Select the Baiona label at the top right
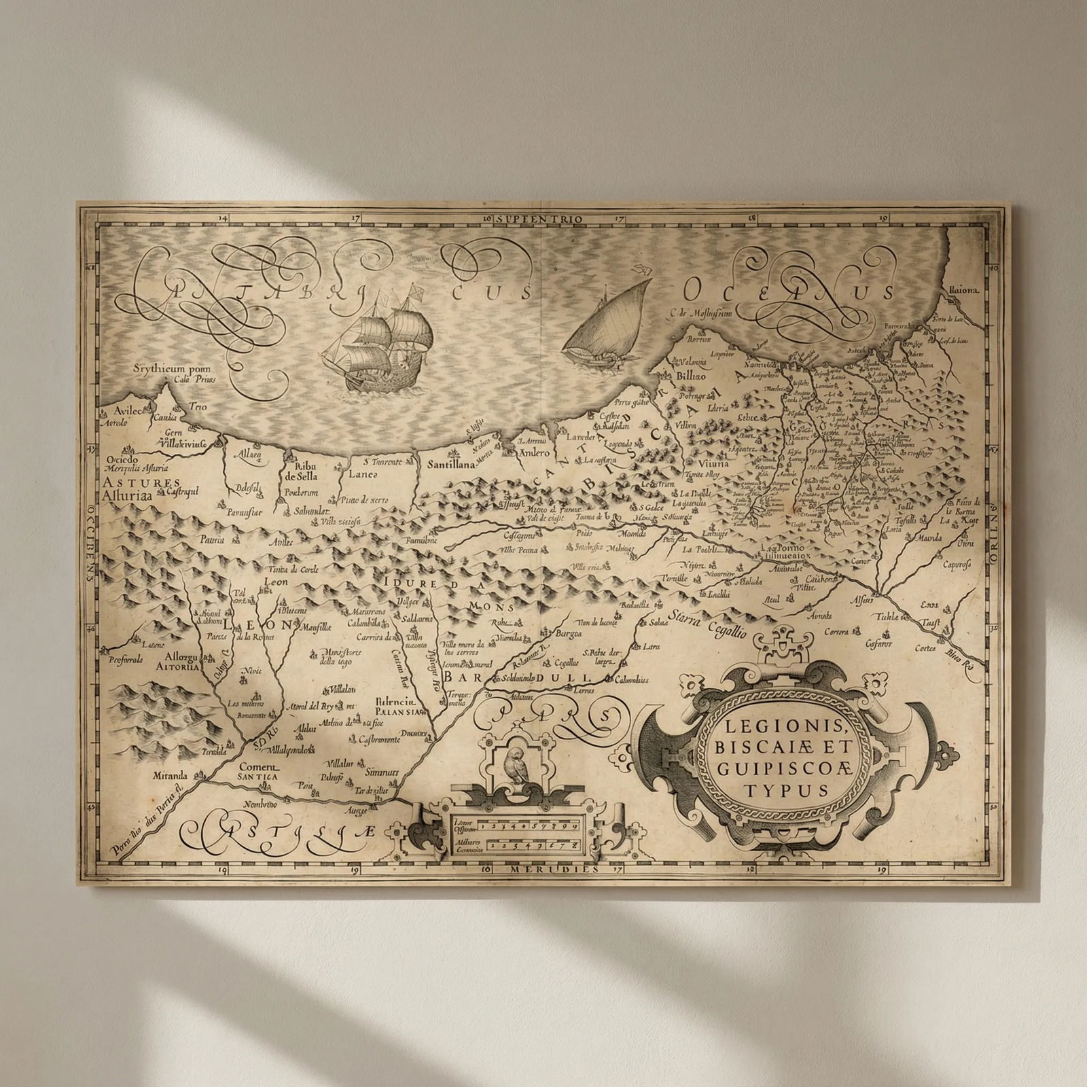[964, 289]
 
